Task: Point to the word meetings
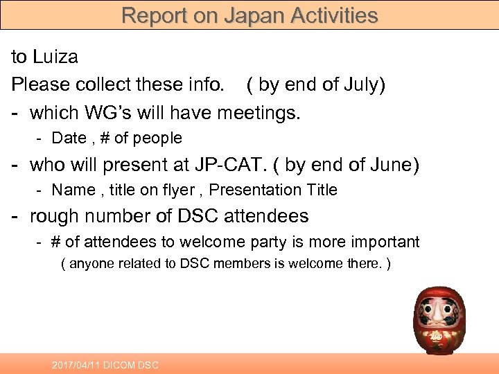click(259, 112)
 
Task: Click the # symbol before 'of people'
click(105, 138)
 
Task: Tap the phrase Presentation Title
click(273, 190)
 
